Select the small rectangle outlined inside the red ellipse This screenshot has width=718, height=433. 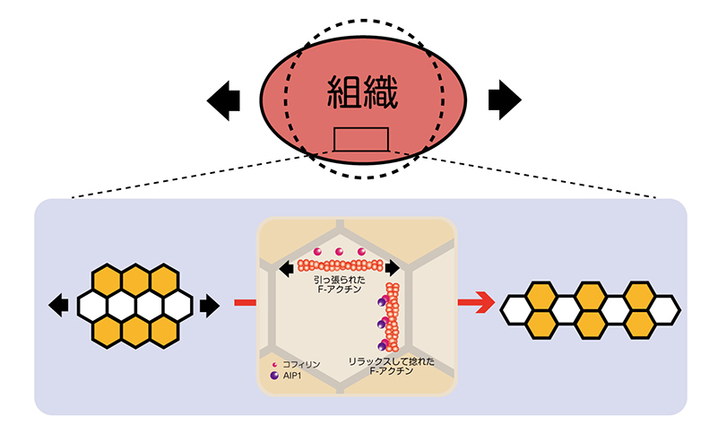[361, 139]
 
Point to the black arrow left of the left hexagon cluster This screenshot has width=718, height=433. [59, 306]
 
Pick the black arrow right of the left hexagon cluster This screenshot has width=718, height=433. [209, 306]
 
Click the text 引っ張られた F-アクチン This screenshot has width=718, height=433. [337, 285]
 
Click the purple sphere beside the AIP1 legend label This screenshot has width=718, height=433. [274, 377]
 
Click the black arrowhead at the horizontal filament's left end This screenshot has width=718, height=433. [286, 266]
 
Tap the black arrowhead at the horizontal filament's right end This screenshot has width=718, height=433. [394, 266]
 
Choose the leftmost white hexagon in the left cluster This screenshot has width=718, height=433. [92, 306]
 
